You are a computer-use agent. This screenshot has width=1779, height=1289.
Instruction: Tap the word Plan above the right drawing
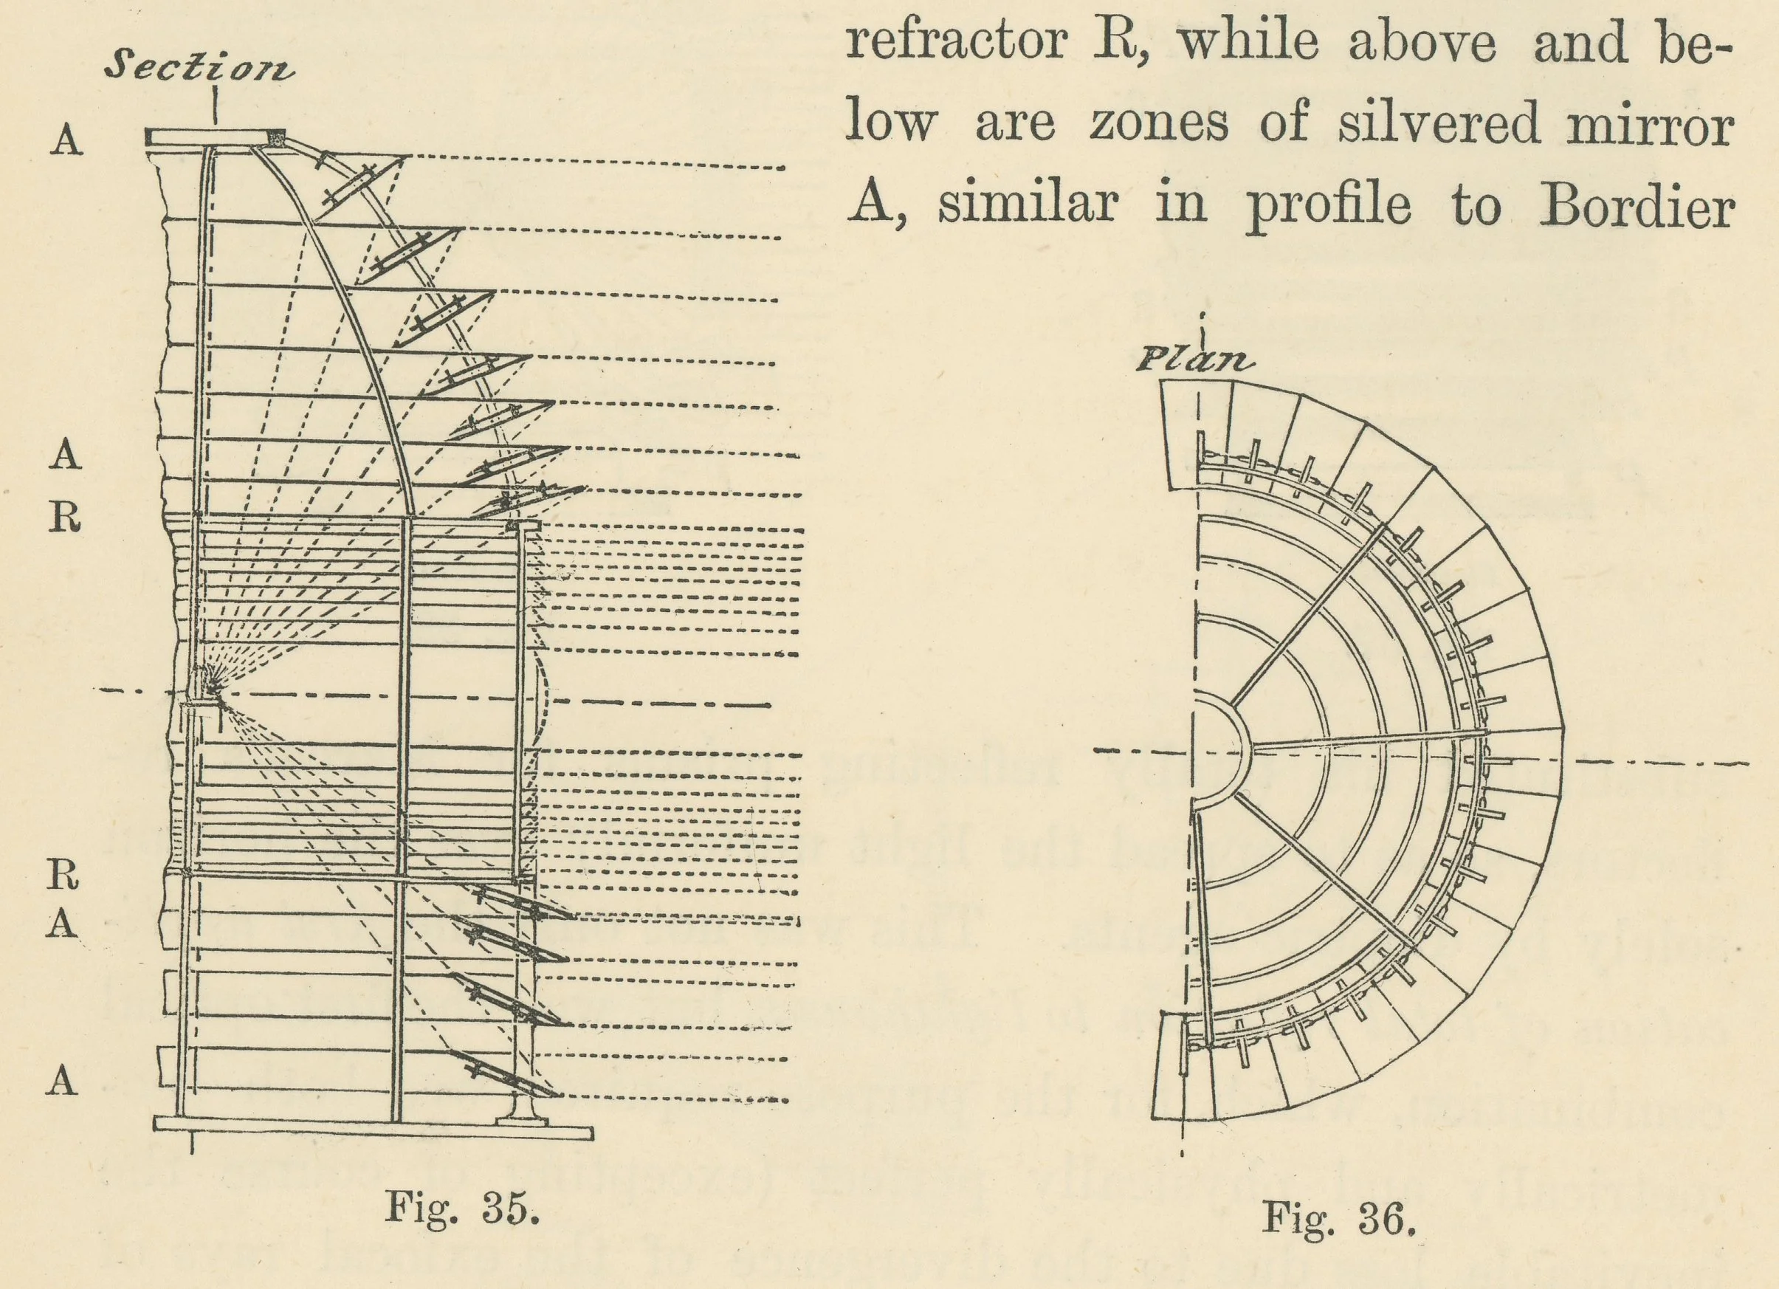pos(1194,360)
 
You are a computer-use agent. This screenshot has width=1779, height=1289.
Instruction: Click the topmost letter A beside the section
pos(66,142)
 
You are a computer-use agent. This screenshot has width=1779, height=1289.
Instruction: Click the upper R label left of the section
pos(65,518)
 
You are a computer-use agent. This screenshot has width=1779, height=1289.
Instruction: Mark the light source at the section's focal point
pos(210,689)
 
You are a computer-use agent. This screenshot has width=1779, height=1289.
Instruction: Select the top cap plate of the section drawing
pos(215,137)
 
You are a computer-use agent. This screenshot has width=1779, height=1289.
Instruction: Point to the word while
pos(1249,42)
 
